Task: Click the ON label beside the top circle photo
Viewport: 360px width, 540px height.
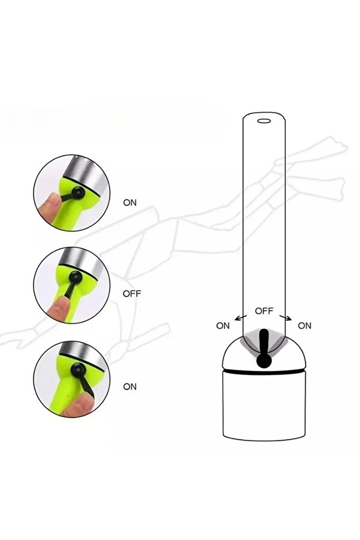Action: pyautogui.click(x=130, y=203)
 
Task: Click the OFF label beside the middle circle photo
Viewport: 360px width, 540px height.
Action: pyautogui.click(x=132, y=294)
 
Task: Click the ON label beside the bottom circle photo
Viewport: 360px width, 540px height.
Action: pyautogui.click(x=130, y=387)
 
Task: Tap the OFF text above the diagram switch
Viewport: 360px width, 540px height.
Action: pyautogui.click(x=264, y=310)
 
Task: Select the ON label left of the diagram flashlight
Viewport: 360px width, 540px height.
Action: pyautogui.click(x=223, y=325)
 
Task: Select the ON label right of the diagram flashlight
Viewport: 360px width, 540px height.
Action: pyautogui.click(x=304, y=325)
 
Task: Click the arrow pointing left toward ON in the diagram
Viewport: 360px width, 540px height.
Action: pyautogui.click(x=241, y=318)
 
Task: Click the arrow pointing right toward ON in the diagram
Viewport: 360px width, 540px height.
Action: pyautogui.click(x=286, y=318)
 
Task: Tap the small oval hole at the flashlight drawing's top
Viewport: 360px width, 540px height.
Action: pyautogui.click(x=264, y=121)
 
